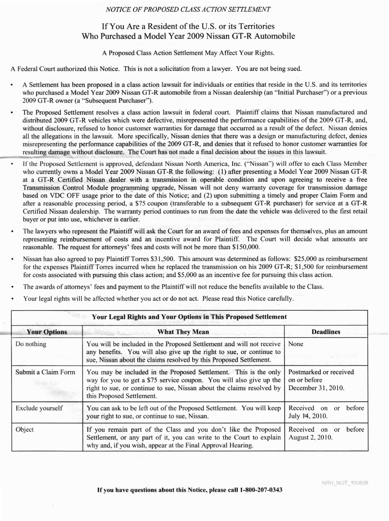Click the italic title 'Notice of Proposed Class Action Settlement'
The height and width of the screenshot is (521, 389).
[188, 9]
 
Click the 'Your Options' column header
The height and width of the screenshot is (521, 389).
[47, 332]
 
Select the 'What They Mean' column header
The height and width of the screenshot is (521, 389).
[183, 332]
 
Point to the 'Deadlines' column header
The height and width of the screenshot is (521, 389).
[326, 332]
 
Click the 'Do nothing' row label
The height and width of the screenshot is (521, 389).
[31, 344]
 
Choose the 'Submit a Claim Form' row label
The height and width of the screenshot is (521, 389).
[45, 372]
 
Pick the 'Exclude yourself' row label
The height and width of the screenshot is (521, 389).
[39, 408]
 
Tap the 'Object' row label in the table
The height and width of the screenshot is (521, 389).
[25, 430]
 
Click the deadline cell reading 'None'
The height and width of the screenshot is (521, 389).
[296, 344]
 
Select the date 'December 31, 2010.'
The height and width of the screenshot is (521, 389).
[316, 388]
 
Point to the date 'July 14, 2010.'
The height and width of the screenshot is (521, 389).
[308, 416]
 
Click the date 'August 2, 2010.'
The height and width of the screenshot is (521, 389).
[310, 438]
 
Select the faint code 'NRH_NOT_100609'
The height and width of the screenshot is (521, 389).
[345, 483]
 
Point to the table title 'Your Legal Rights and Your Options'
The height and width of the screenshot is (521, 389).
[189, 317]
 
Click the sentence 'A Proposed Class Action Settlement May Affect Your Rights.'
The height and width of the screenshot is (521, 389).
[188, 53]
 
